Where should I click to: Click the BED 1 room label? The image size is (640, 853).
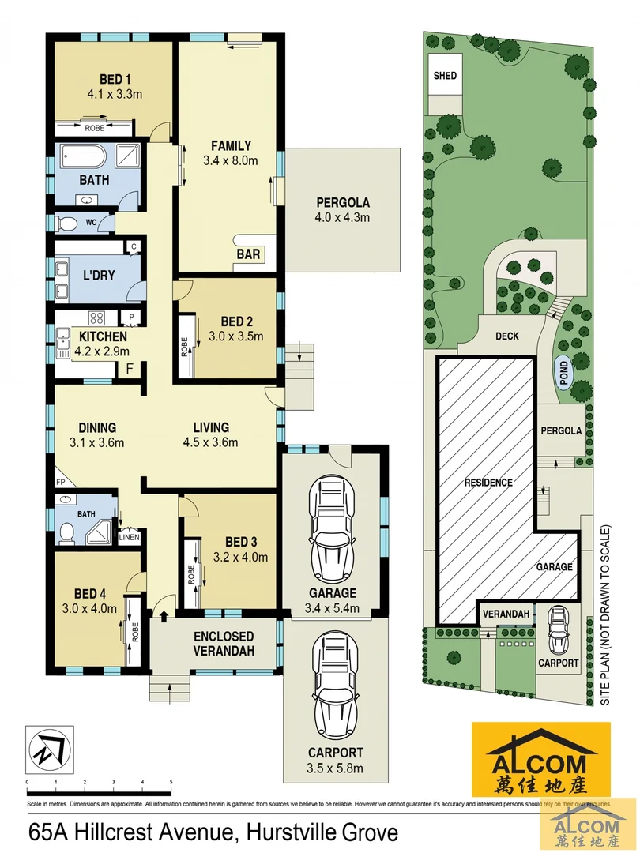tap(115, 80)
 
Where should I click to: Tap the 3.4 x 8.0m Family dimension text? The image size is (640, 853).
tap(231, 160)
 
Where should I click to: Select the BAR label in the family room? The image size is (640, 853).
tap(247, 254)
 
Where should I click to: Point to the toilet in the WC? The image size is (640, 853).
tap(67, 224)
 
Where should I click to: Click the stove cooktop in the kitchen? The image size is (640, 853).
tap(98, 319)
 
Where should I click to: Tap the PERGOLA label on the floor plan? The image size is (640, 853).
tap(343, 202)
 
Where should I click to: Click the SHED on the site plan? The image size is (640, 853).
tap(445, 77)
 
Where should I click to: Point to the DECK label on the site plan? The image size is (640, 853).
tap(506, 336)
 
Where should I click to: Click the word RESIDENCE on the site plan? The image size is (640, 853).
tap(488, 482)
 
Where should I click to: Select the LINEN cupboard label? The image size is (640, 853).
tap(130, 538)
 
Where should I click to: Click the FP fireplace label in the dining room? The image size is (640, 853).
tap(61, 480)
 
